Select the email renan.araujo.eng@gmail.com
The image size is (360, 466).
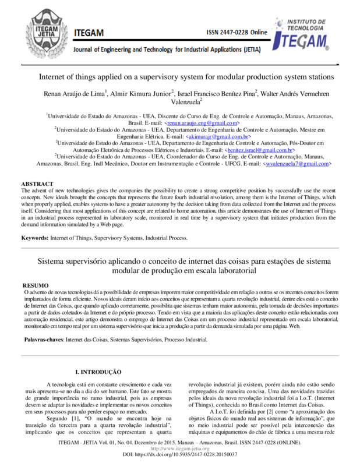202,123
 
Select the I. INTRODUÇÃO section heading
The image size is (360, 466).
99,371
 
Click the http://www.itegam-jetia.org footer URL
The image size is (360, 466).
179,450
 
